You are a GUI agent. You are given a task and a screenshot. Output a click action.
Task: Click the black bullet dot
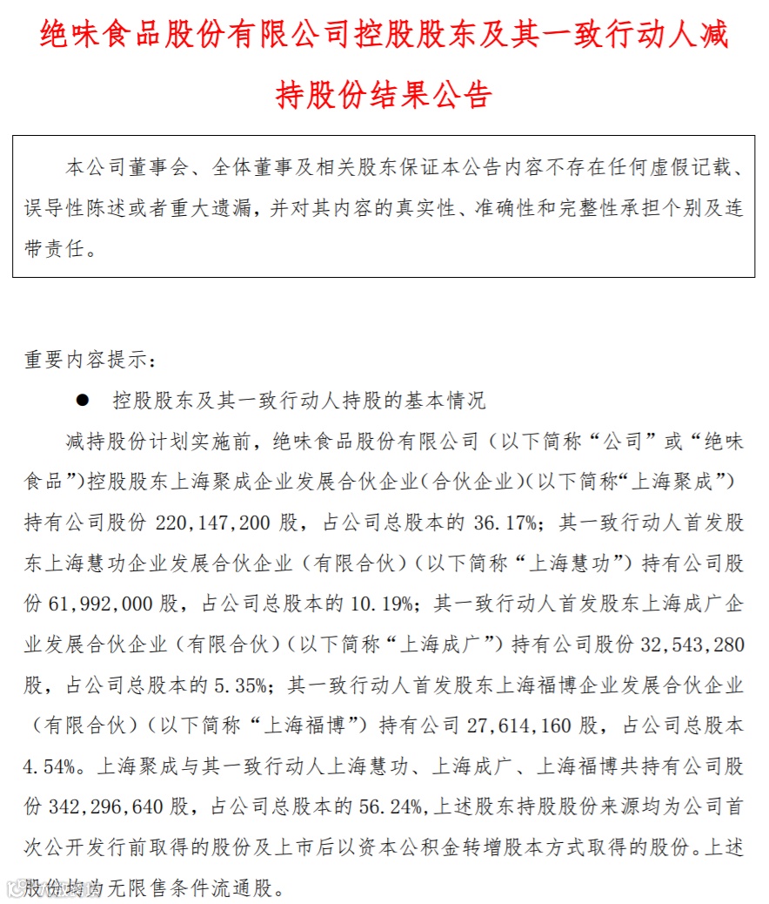[84, 400]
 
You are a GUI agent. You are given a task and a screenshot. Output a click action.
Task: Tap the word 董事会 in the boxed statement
[157, 166]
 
